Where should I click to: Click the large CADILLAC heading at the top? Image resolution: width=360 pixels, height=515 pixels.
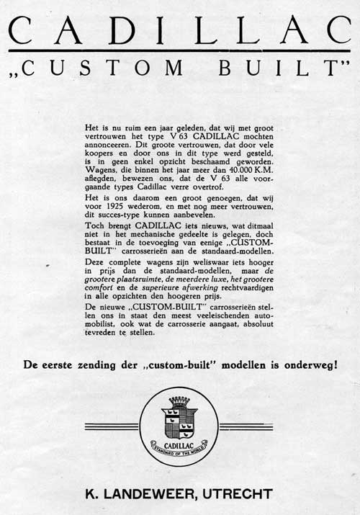point(180,30)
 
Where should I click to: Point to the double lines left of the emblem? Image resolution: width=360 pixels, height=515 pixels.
point(111,426)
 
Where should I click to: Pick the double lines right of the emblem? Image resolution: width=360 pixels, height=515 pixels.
point(247,426)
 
